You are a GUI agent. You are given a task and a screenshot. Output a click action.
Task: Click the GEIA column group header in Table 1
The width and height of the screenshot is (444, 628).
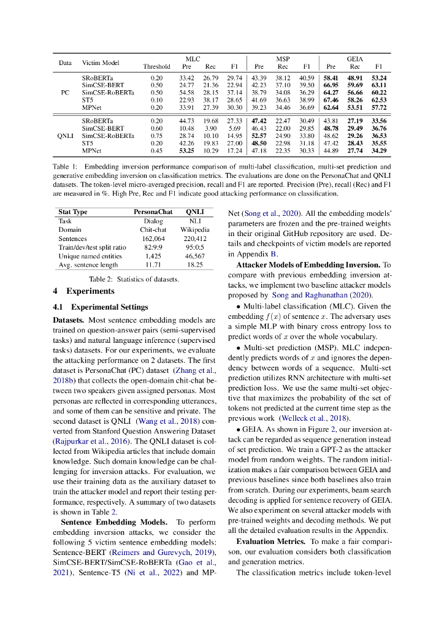(355, 59)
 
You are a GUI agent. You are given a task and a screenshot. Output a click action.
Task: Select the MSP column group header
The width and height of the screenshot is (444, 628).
(283, 59)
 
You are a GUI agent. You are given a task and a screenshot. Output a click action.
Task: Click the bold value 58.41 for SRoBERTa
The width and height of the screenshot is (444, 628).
(331, 78)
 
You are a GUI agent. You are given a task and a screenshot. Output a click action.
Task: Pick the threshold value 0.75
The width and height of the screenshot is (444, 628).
(156, 135)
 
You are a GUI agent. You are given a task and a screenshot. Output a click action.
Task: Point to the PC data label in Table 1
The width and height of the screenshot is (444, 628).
(65, 93)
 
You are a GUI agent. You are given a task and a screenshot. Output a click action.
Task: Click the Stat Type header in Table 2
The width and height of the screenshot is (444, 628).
(72, 212)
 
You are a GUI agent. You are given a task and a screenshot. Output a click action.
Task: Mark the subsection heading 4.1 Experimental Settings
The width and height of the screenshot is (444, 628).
(101, 307)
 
